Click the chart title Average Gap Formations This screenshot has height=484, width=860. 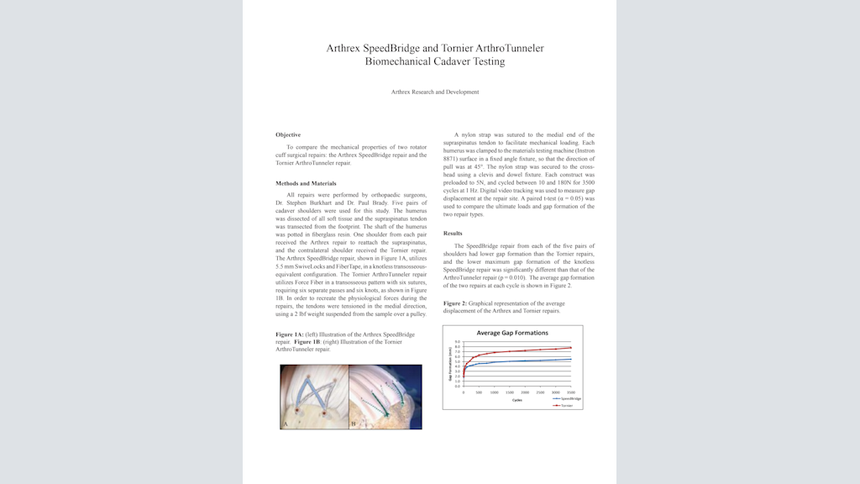[x=512, y=333]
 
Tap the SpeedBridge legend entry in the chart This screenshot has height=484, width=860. [x=568, y=398]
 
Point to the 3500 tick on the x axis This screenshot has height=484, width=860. [x=571, y=392]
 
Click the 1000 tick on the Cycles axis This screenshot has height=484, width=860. [x=494, y=392]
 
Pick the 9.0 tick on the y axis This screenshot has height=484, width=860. [x=457, y=342]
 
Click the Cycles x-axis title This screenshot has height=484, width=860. [x=517, y=399]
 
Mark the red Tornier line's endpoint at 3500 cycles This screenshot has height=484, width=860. [x=571, y=348]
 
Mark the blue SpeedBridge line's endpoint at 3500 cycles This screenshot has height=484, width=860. [x=571, y=360]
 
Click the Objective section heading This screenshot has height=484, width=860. [x=288, y=134]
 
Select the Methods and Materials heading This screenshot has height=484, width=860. [x=306, y=183]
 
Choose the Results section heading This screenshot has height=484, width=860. [x=453, y=233]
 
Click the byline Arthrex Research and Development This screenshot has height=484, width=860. [x=435, y=92]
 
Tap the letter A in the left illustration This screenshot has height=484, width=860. [x=286, y=425]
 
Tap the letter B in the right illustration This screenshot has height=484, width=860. [x=354, y=425]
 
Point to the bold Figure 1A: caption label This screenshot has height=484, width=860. [x=290, y=334]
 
